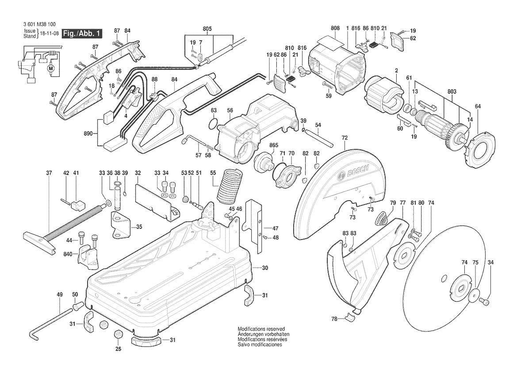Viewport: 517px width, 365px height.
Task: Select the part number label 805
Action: click(207, 29)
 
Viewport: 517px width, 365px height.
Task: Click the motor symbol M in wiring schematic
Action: click(50, 68)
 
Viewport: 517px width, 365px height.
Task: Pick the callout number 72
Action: click(345, 138)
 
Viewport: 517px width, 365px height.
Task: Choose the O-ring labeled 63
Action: click(213, 124)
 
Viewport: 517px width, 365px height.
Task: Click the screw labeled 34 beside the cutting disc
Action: click(485, 301)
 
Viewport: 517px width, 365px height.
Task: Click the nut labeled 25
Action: click(118, 334)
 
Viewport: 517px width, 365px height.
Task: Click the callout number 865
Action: click(274, 145)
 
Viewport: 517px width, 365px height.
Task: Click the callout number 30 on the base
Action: click(265, 268)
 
